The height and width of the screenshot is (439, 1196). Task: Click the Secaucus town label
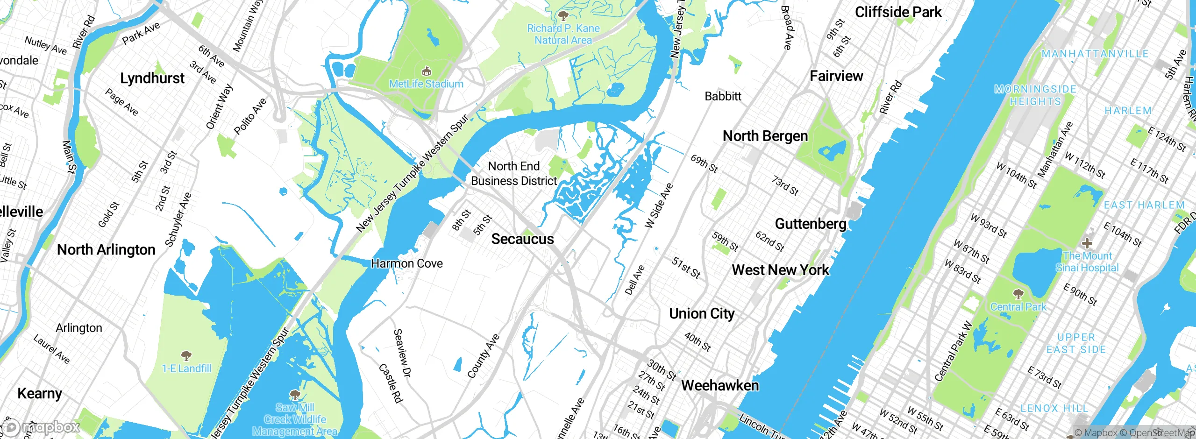[x=522, y=239]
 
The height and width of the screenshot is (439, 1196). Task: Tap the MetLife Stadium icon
[x=426, y=71]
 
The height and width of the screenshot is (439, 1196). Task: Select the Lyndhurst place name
[x=152, y=78]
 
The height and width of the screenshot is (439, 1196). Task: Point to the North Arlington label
[x=106, y=250]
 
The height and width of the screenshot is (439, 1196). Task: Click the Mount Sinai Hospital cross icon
[x=1087, y=243]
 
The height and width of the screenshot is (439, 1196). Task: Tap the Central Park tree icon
[x=1018, y=294]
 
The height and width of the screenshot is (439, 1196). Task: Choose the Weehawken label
[x=720, y=385]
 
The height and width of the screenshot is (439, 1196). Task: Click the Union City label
[x=702, y=314]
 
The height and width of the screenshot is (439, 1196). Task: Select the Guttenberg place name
[x=811, y=224]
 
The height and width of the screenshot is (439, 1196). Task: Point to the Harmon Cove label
[x=406, y=263]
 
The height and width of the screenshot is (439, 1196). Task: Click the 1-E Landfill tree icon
[x=186, y=356]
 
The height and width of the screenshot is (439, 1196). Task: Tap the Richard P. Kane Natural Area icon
[x=563, y=16]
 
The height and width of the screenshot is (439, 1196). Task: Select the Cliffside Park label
[x=898, y=12]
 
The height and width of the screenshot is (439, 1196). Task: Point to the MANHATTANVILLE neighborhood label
[x=1095, y=54]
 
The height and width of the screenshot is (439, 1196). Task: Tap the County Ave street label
[x=484, y=356]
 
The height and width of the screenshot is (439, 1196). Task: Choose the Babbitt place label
[x=723, y=96]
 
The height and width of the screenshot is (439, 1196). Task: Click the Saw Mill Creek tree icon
[x=295, y=395]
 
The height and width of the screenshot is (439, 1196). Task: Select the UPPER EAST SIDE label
[x=1076, y=343]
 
